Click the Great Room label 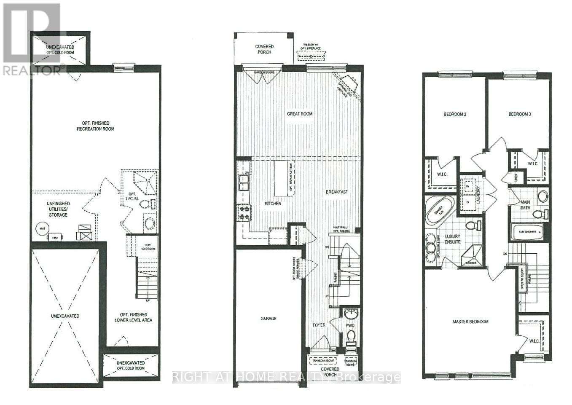300,113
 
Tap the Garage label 268,318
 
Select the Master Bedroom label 470,322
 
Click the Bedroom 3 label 519,114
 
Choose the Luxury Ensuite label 451,239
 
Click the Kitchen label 273,203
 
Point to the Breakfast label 336,192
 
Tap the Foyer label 319,325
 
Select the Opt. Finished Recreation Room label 96,126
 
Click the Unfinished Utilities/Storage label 58,209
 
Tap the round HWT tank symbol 41,228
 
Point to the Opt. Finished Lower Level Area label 134,317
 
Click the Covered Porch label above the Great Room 264,49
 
